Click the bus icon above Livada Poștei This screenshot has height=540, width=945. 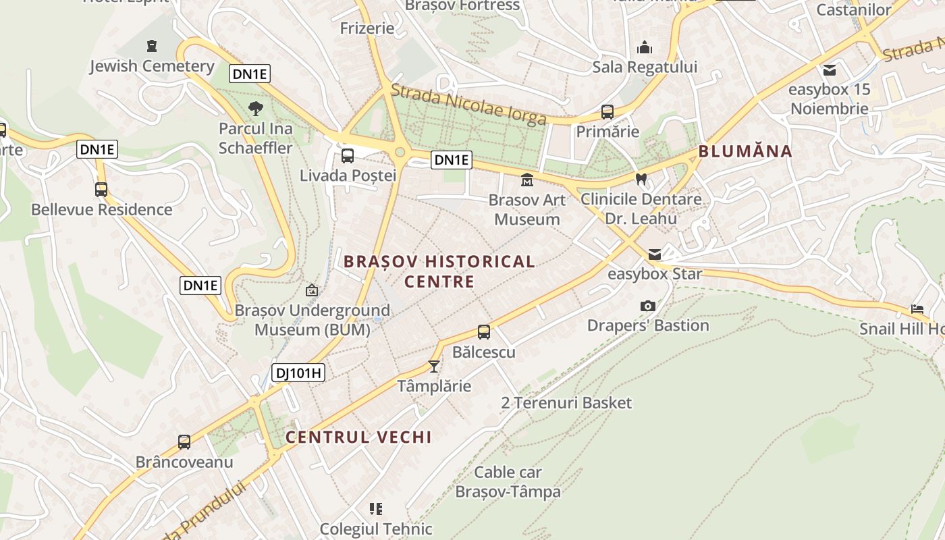[348, 156]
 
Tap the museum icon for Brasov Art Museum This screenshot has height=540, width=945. [526, 180]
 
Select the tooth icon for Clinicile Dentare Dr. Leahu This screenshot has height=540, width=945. [641, 180]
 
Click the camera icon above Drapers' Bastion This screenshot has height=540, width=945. [647, 306]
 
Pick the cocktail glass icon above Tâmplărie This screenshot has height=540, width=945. [434, 367]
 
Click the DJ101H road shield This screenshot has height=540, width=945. [298, 373]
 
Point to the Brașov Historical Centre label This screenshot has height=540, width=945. [439, 271]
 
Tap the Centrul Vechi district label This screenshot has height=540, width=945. [358, 437]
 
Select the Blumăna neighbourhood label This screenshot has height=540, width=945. [745, 151]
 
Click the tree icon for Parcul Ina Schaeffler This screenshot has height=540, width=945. [256, 108]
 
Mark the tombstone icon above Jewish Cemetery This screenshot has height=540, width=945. [152, 46]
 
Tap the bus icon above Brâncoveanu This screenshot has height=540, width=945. [184, 442]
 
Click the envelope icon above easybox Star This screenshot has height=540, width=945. [655, 254]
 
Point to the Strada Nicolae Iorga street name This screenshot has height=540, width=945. [468, 105]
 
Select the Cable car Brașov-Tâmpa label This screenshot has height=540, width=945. [508, 482]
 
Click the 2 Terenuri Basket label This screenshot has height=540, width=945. [566, 403]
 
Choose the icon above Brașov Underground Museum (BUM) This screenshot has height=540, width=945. [312, 291]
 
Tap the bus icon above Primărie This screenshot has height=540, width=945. [607, 111]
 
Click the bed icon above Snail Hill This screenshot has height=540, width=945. [917, 308]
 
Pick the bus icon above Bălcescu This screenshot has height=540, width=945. [484, 332]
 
